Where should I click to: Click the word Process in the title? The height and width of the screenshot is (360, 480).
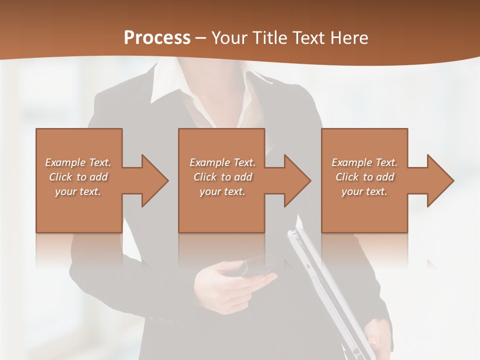pos(157,38)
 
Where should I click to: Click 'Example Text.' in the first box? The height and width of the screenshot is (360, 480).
pos(78,162)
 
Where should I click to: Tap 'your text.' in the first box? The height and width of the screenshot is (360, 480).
pos(78,191)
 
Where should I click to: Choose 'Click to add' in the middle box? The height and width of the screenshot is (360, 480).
pos(222,177)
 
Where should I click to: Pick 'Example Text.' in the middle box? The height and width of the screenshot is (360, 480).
pos(222,162)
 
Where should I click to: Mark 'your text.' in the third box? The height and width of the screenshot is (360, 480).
pos(364,191)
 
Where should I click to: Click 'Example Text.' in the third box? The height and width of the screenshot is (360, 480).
pos(364,162)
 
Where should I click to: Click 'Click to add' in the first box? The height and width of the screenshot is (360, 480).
pos(78,177)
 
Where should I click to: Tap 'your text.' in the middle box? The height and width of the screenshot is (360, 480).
pos(222,191)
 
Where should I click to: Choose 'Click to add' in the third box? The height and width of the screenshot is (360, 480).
pos(364,177)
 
